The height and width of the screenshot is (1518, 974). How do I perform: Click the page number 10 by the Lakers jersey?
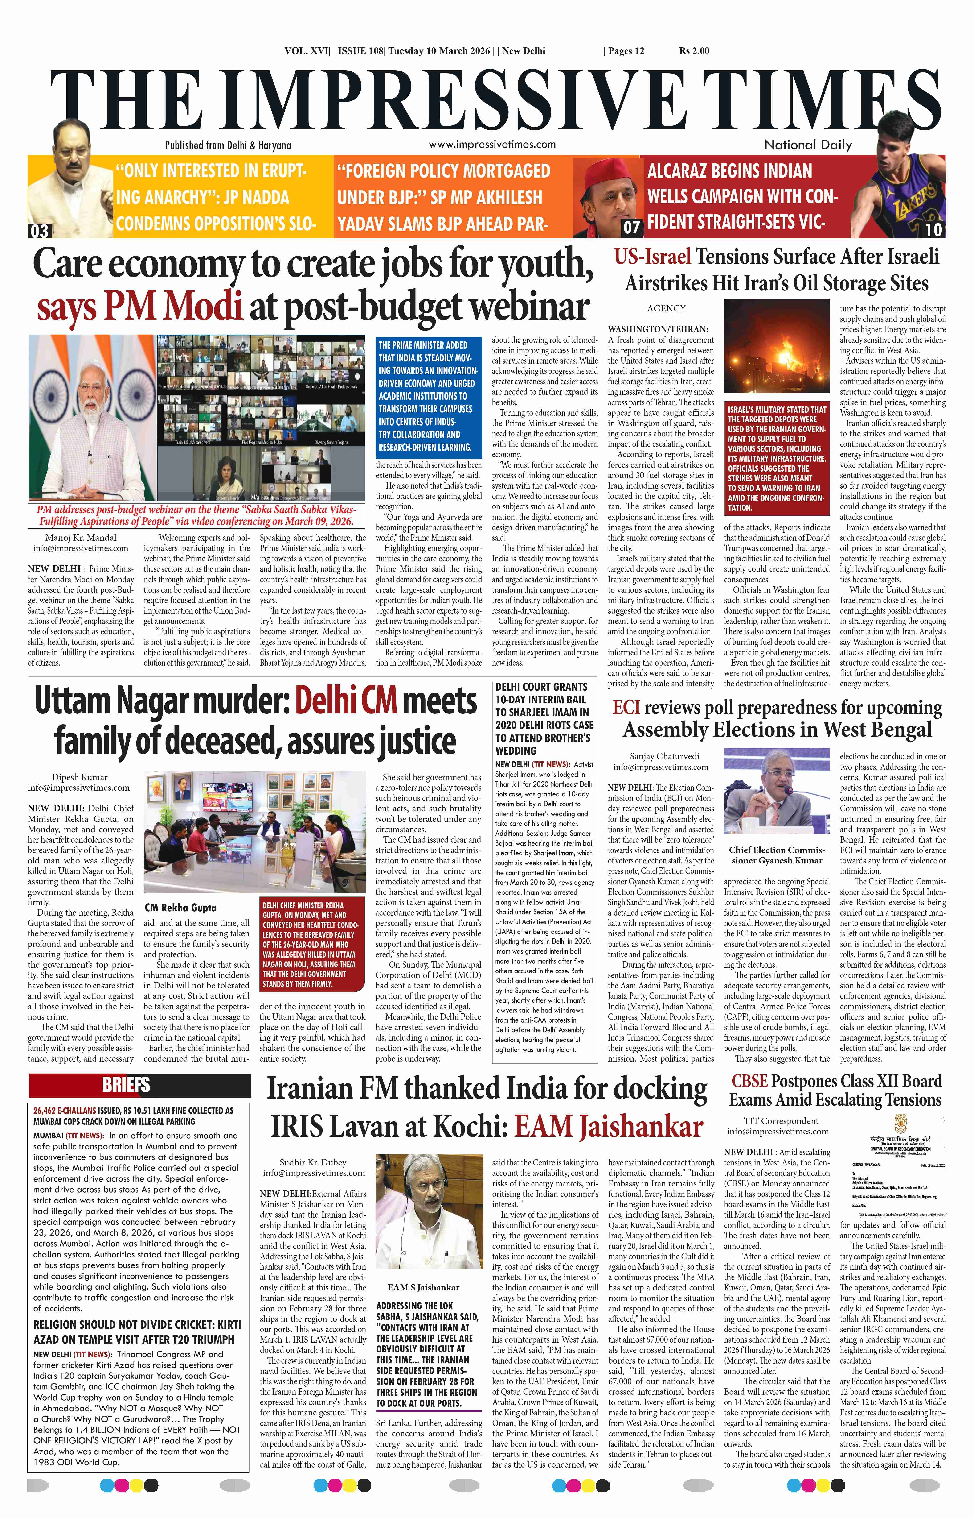[x=933, y=229]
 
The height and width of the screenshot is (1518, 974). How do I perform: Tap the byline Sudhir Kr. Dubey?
[x=314, y=1162]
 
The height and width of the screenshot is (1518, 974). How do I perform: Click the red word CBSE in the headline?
[x=749, y=1081]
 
